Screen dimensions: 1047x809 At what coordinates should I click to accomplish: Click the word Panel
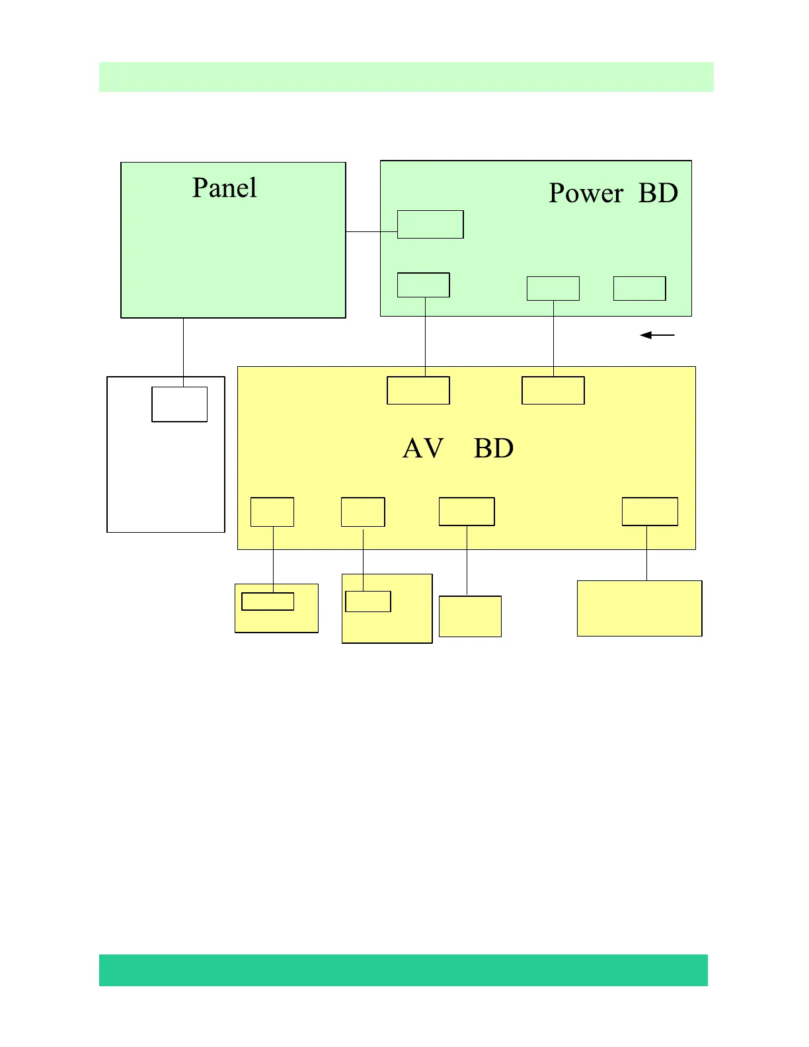(224, 188)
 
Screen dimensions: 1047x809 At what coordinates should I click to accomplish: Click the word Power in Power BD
(586, 194)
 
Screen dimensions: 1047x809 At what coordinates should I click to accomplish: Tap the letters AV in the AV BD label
(423, 449)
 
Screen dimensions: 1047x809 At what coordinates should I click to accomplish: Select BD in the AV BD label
(494, 449)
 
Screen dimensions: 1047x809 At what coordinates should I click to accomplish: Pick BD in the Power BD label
(658, 194)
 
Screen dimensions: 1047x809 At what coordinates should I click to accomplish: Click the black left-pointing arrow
(657, 335)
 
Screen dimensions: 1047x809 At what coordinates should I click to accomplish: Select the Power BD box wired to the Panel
(430, 224)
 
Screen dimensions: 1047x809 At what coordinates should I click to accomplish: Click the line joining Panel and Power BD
(371, 231)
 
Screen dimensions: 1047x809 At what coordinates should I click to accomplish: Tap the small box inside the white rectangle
(180, 405)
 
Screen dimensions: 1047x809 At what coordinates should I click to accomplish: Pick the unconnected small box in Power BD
(639, 288)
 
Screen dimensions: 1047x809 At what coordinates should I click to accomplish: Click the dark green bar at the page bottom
(403, 970)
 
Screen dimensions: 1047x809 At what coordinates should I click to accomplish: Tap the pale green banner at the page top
(406, 77)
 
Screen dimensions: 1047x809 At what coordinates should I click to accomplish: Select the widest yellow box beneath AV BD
(639, 608)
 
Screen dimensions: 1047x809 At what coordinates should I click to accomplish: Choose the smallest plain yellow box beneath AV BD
(470, 616)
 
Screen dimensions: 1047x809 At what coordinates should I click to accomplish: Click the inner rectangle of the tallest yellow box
(368, 601)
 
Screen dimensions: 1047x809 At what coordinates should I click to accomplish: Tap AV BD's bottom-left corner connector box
(272, 512)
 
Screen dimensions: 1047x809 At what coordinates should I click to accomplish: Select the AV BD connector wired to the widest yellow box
(650, 512)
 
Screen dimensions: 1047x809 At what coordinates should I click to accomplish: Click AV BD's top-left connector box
(418, 390)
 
